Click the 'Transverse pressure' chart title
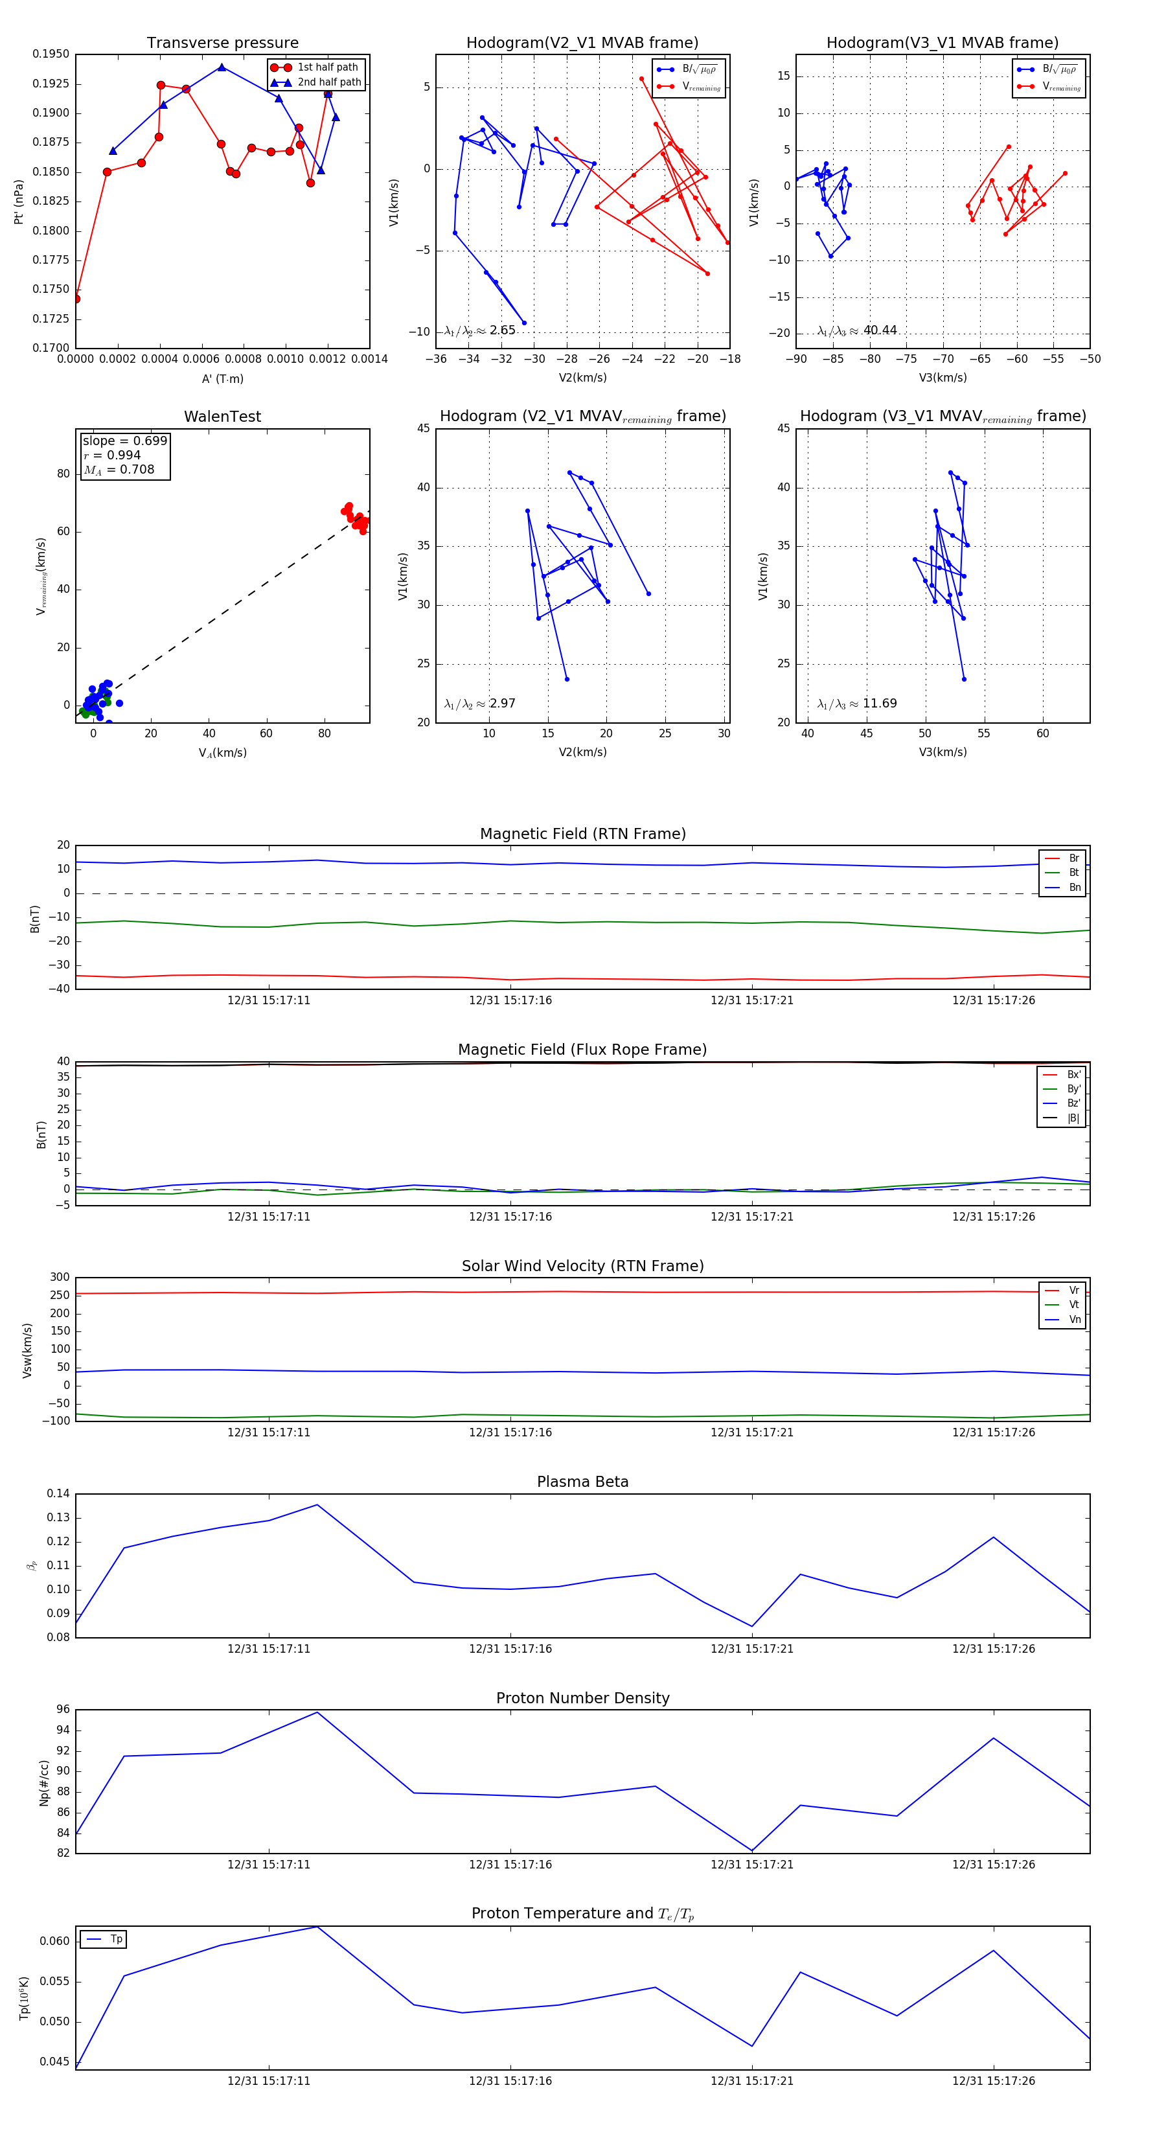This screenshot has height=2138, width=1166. click(222, 43)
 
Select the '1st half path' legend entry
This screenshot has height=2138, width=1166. click(327, 67)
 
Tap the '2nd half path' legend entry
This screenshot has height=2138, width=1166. click(328, 82)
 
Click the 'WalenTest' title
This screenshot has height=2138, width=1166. click(222, 417)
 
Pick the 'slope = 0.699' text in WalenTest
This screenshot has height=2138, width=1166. click(124, 441)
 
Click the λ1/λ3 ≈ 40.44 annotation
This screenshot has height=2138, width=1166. click(857, 330)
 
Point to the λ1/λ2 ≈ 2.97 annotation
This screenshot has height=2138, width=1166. click(479, 704)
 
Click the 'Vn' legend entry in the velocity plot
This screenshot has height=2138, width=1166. click(1074, 1320)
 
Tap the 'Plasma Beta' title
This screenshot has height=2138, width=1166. click(582, 1482)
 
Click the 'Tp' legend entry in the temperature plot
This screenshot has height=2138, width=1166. click(115, 1940)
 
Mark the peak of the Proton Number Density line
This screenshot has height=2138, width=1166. click(317, 1712)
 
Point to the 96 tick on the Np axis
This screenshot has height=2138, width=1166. click(63, 1710)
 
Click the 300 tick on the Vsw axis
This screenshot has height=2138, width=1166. click(60, 1278)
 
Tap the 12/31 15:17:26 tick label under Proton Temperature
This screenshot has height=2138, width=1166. click(994, 2081)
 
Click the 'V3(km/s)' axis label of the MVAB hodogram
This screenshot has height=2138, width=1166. click(942, 378)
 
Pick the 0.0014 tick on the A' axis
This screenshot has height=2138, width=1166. click(369, 360)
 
